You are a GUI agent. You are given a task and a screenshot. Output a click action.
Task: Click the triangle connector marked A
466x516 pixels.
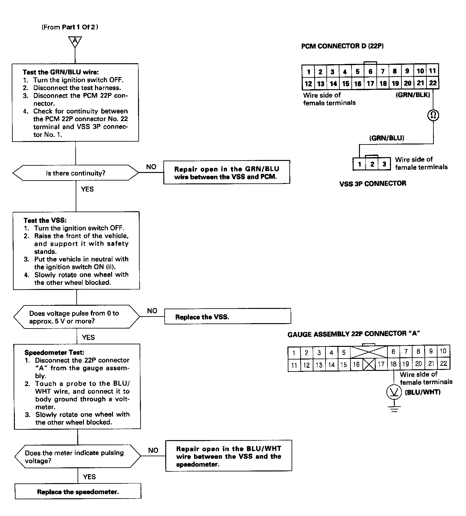click(x=75, y=41)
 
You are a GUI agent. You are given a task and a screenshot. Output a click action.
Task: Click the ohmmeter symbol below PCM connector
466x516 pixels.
click(x=433, y=115)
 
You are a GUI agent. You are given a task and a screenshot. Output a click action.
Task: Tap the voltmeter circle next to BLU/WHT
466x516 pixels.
click(x=394, y=392)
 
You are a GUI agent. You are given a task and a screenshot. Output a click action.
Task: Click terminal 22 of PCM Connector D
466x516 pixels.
click(x=433, y=83)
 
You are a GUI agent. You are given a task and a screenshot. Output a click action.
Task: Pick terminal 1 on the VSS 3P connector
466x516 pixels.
click(x=359, y=164)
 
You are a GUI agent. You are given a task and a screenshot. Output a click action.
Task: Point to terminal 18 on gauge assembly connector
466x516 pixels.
click(x=393, y=364)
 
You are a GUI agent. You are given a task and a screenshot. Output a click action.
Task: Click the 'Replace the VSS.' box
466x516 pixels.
click(x=227, y=316)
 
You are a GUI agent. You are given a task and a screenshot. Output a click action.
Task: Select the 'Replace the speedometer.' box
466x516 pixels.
click(x=78, y=492)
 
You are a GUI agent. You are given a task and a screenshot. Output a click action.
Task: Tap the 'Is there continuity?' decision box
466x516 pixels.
click(x=76, y=173)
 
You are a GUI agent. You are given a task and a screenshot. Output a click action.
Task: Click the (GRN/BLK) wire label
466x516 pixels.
click(x=413, y=95)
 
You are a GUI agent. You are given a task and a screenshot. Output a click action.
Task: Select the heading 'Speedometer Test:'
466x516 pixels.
click(x=54, y=352)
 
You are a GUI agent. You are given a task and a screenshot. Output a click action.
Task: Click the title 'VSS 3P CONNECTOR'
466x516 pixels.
click(x=373, y=183)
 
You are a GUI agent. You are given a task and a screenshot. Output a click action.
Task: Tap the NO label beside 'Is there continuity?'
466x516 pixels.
click(x=151, y=167)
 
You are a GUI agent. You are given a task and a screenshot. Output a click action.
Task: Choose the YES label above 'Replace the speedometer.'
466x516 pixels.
click(x=89, y=476)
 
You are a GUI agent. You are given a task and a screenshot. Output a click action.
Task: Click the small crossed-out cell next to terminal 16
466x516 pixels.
click(x=369, y=365)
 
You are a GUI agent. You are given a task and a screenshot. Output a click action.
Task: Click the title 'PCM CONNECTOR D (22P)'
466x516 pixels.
click(x=342, y=46)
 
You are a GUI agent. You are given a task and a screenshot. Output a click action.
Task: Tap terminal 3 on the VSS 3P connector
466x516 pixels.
click(x=384, y=164)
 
